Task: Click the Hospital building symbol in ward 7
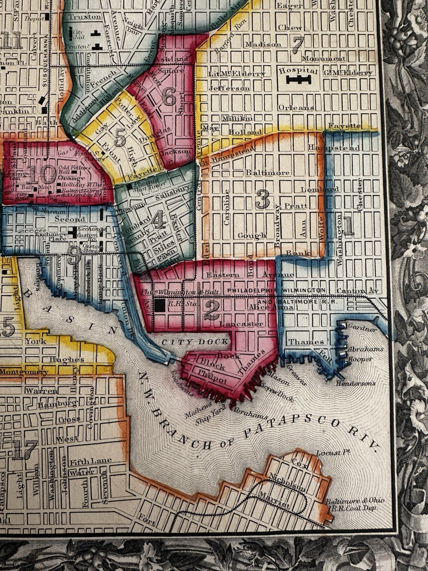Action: (x=298, y=80)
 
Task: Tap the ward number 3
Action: (x=262, y=199)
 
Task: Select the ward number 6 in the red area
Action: (x=169, y=97)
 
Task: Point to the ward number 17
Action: (x=25, y=449)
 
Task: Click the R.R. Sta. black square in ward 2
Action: (x=160, y=305)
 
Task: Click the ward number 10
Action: (x=41, y=175)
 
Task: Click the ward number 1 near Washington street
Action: (x=348, y=226)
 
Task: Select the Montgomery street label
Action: (x=23, y=372)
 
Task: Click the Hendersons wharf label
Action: (x=356, y=383)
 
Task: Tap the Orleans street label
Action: (x=296, y=107)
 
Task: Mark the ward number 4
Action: (x=159, y=220)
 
